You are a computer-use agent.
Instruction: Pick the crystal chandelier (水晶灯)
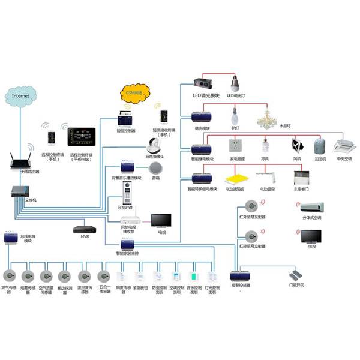point(269,118)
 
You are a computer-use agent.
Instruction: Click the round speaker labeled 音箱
point(156,167)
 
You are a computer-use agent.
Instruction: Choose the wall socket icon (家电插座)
point(235,146)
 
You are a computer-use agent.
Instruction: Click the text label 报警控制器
point(241,286)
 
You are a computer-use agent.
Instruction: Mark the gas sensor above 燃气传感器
point(10,276)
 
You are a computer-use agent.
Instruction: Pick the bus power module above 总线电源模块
point(10,238)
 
